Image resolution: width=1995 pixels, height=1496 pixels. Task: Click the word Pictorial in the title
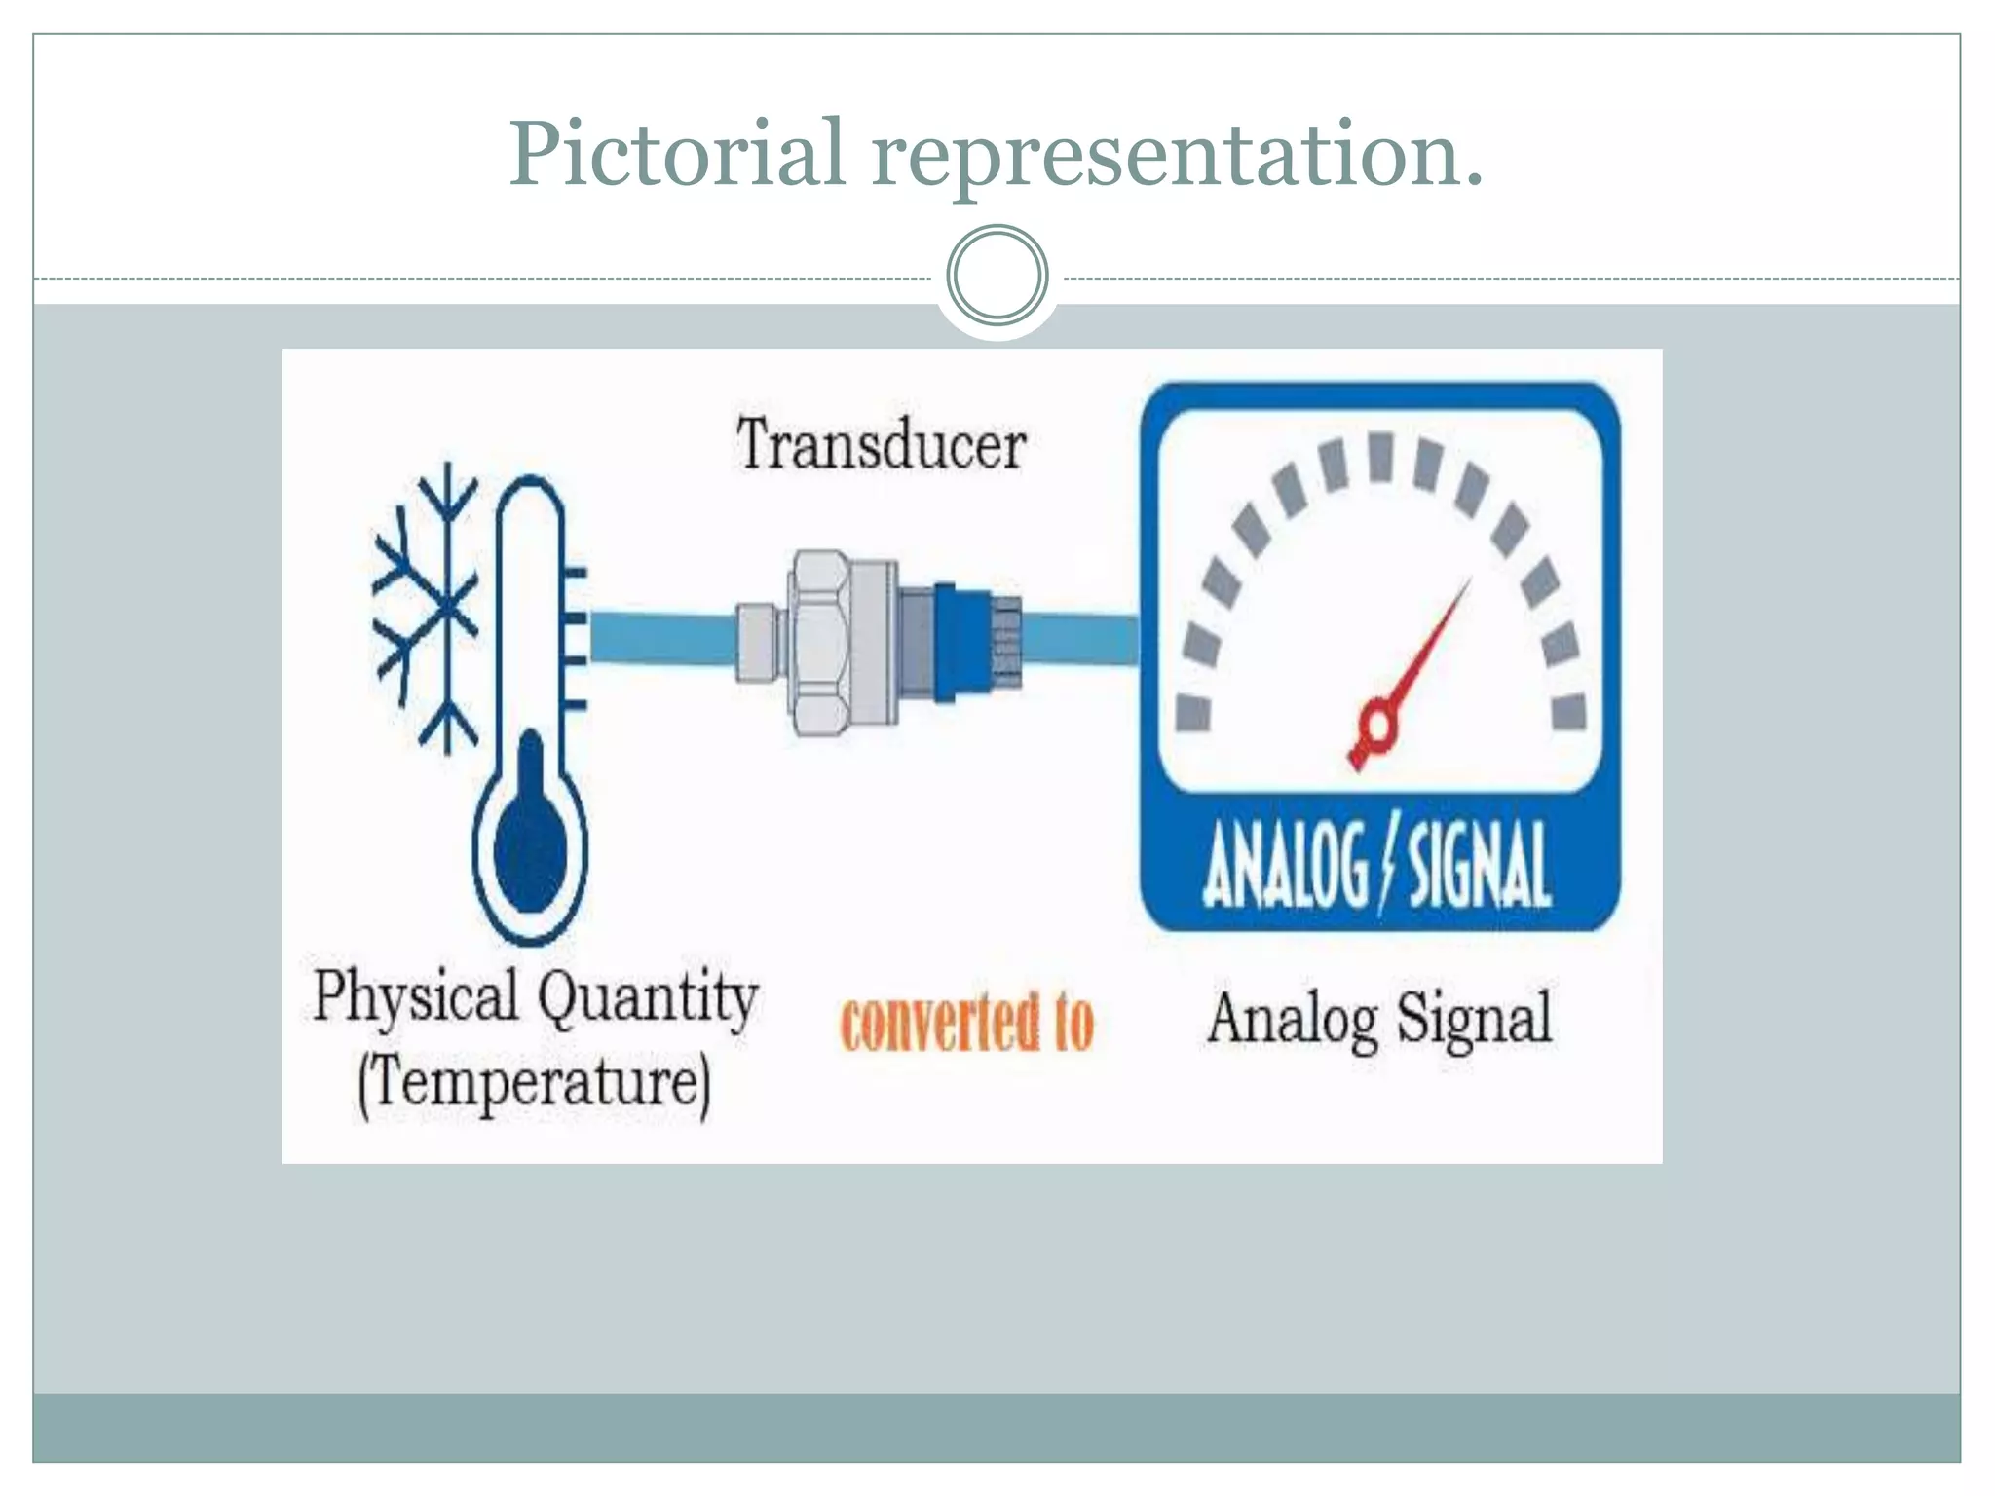click(x=676, y=154)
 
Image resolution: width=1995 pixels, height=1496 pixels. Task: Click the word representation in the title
click(x=1177, y=156)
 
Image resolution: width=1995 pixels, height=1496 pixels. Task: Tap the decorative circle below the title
click(x=997, y=275)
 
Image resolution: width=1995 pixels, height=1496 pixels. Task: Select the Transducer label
click(x=881, y=445)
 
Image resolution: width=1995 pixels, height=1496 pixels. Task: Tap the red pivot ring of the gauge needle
click(x=1377, y=727)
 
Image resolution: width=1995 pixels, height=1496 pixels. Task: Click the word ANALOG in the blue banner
click(x=1286, y=866)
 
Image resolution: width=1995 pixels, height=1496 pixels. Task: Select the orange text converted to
click(x=967, y=1023)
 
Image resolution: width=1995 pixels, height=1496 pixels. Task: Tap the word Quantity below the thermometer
click(x=648, y=998)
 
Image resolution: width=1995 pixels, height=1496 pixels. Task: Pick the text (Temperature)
click(x=534, y=1083)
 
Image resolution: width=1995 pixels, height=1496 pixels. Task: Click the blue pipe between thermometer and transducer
click(x=662, y=638)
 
